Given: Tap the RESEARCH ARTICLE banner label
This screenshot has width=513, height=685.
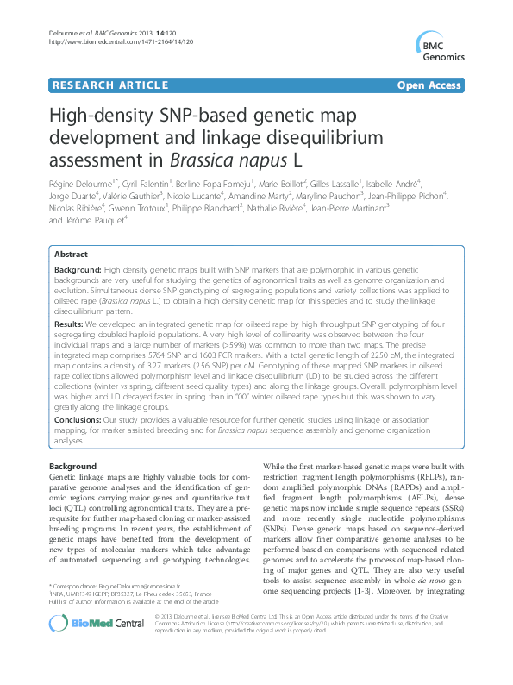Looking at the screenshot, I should (x=109, y=85).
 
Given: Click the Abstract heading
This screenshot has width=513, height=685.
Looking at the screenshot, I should (x=71, y=255).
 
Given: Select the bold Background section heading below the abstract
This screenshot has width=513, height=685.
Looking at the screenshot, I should (x=73, y=466).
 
